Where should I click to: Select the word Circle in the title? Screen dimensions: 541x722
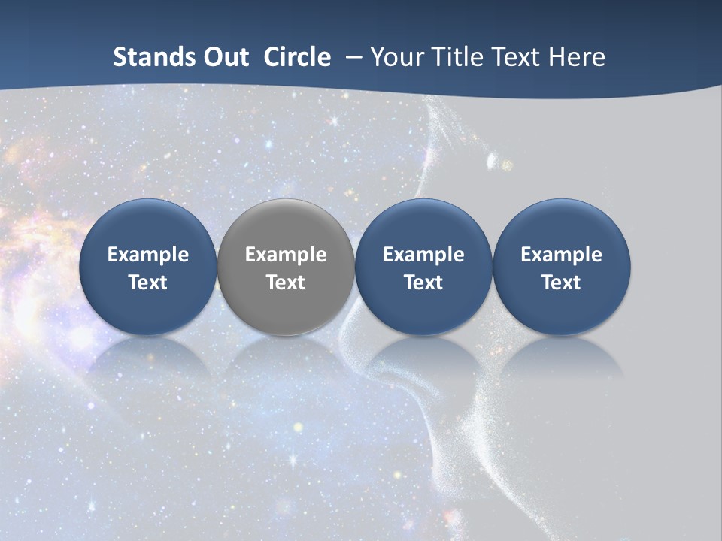click(297, 57)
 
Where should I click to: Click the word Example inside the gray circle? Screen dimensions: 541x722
click(286, 255)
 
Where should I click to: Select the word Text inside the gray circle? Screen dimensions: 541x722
click(286, 283)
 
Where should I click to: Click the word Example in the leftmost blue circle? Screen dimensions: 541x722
click(148, 255)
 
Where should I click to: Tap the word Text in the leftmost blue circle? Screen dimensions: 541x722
click(148, 283)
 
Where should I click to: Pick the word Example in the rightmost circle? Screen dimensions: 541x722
click(561, 255)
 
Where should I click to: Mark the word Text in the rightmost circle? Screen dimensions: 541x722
click(561, 283)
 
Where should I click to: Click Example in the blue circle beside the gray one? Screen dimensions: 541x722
click(423, 255)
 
